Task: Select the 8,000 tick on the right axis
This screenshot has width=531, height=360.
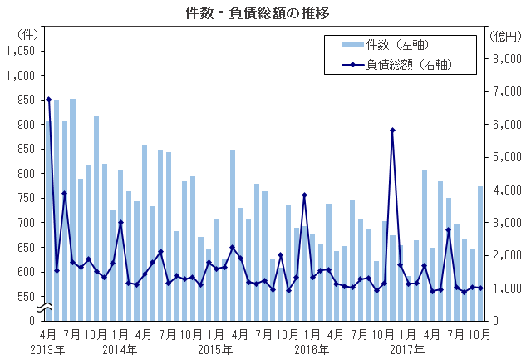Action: tap(507, 59)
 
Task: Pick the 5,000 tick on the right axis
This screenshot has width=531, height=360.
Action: tap(507, 157)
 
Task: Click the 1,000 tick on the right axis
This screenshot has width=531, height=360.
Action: tap(507, 288)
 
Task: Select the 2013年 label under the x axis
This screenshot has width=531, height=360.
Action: tap(48, 349)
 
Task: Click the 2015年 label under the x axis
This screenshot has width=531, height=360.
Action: tap(216, 349)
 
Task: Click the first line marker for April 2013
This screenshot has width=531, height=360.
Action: tap(48, 100)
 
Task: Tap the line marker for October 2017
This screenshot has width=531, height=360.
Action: tap(480, 288)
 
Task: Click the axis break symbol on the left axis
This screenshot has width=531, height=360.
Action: tap(47, 308)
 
